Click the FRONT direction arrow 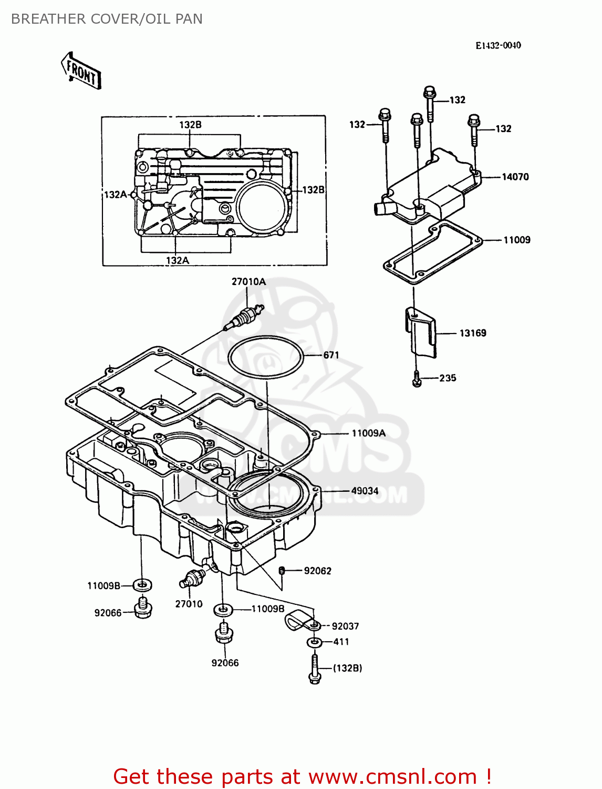(x=81, y=70)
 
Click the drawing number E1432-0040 (x=498, y=46)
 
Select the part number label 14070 (x=515, y=177)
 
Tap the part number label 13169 (x=473, y=333)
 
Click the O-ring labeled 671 (x=266, y=356)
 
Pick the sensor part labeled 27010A (x=245, y=317)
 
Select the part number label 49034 (x=365, y=491)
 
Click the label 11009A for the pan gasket (x=368, y=433)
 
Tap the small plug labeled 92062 (x=282, y=571)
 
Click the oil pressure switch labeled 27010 (x=192, y=578)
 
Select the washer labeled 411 (x=315, y=643)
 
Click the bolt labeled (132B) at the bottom (x=314, y=669)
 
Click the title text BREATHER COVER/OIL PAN (x=107, y=19)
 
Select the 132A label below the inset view (x=177, y=260)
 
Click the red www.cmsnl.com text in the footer (x=392, y=777)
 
